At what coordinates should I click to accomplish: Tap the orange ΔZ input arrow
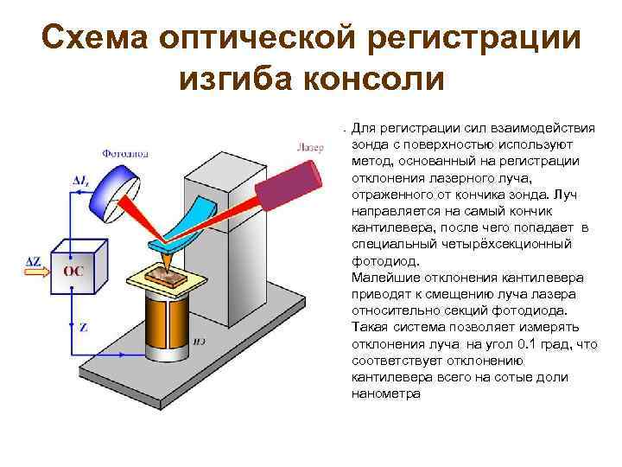[38, 271]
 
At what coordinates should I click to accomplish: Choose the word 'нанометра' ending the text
[386, 393]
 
